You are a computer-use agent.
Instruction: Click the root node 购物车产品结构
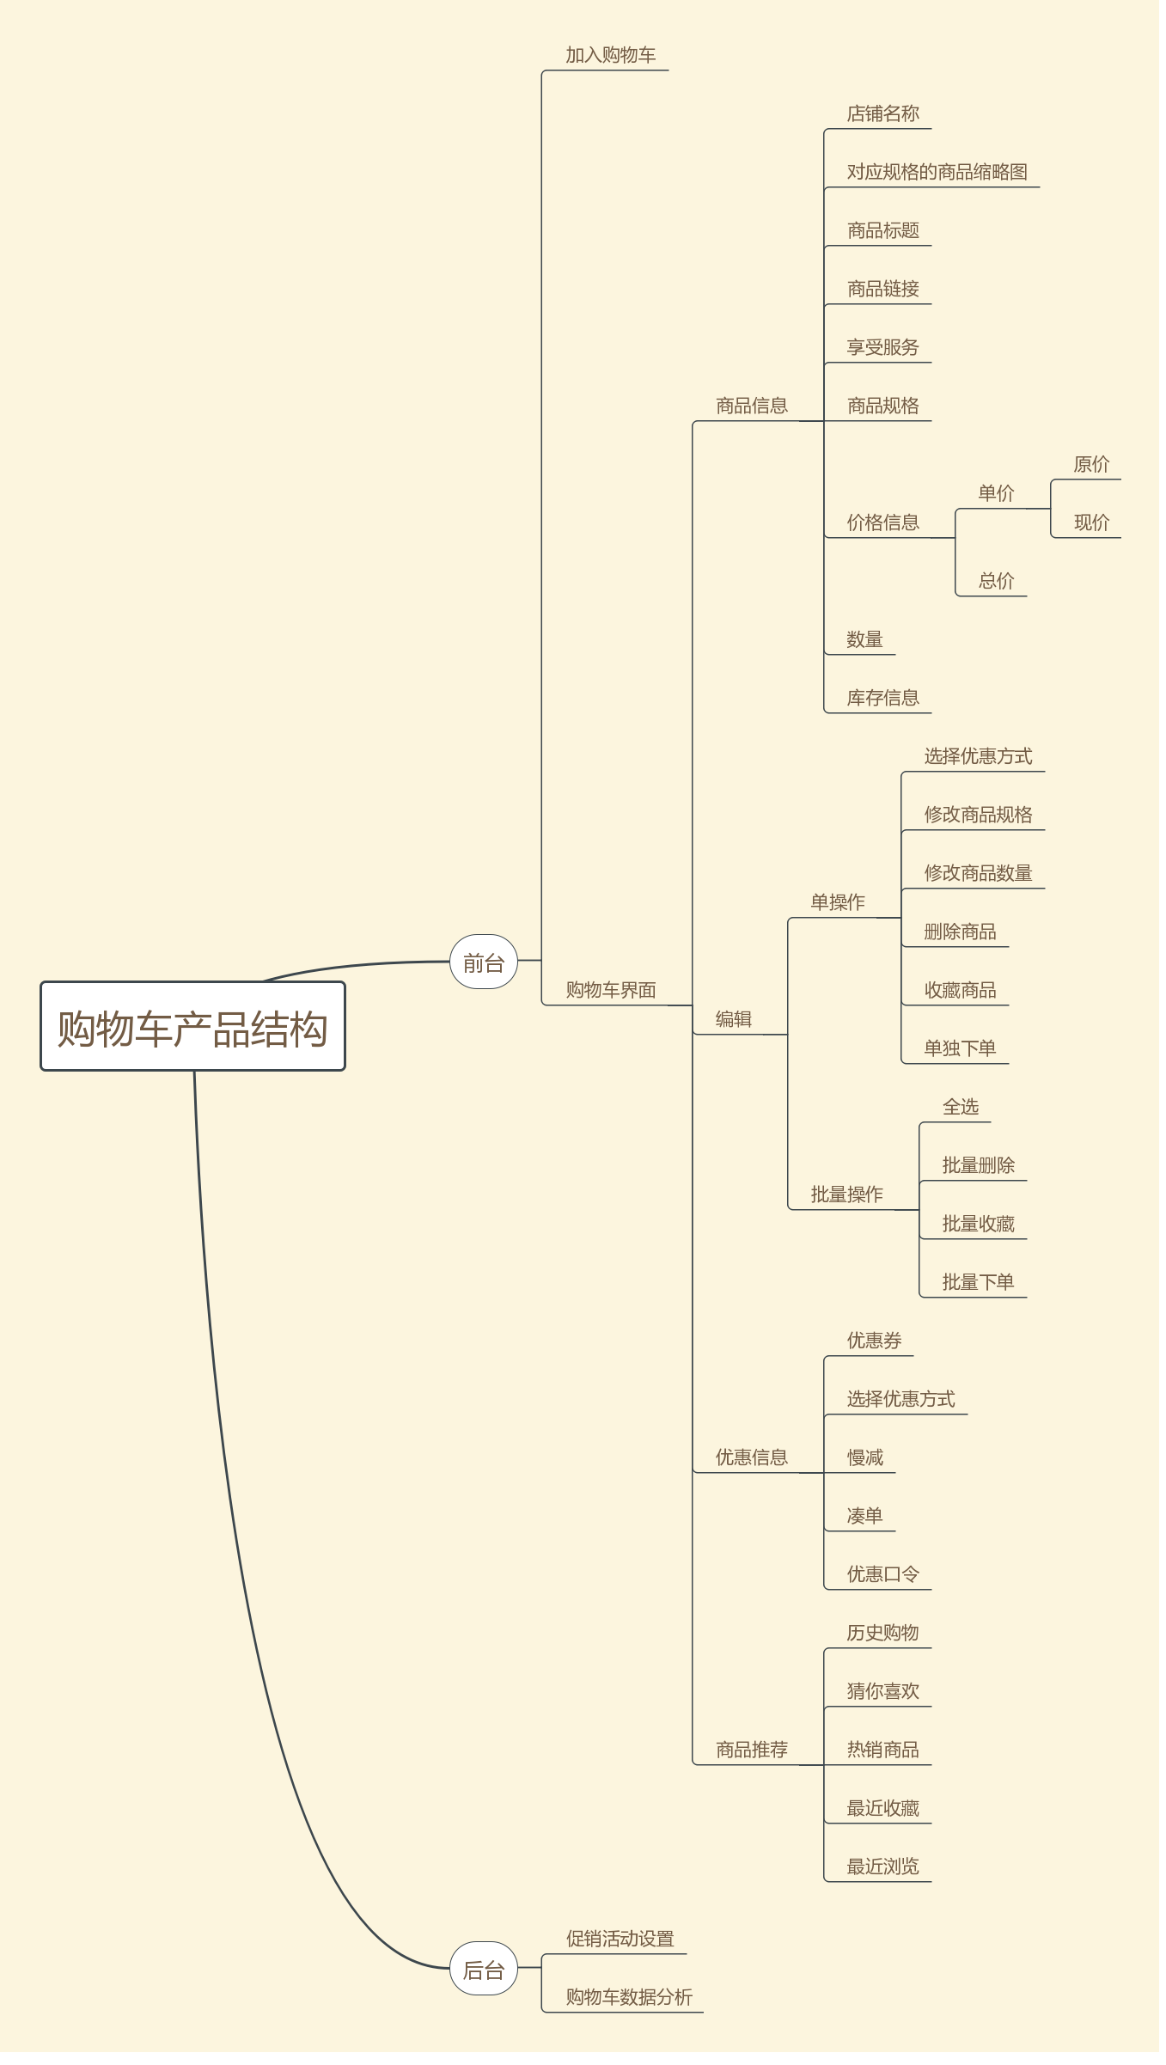(x=192, y=1027)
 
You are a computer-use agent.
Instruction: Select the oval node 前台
(x=483, y=962)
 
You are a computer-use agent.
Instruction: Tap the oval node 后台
(x=483, y=1969)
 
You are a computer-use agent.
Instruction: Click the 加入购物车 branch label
(x=610, y=56)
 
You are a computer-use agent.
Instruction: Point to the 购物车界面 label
(x=610, y=990)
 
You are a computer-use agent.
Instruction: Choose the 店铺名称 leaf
(x=882, y=114)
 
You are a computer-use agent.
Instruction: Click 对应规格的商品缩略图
(x=937, y=173)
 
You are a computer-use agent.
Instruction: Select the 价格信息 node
(x=882, y=522)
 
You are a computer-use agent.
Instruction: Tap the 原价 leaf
(x=1091, y=465)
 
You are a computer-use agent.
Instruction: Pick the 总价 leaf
(x=996, y=581)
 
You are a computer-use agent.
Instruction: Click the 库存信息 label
(x=882, y=698)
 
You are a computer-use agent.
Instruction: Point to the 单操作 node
(x=838, y=902)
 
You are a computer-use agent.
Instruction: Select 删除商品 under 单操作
(x=960, y=932)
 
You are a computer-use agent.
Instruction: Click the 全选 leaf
(x=960, y=1107)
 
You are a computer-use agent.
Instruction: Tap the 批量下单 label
(x=978, y=1282)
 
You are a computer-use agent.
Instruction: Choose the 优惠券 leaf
(x=874, y=1341)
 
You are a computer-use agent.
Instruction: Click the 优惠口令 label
(x=882, y=1574)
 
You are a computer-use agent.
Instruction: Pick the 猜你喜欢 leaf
(x=882, y=1691)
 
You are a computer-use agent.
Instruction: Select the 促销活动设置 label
(x=620, y=1939)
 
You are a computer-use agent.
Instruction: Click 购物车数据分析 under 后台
(x=628, y=1997)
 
